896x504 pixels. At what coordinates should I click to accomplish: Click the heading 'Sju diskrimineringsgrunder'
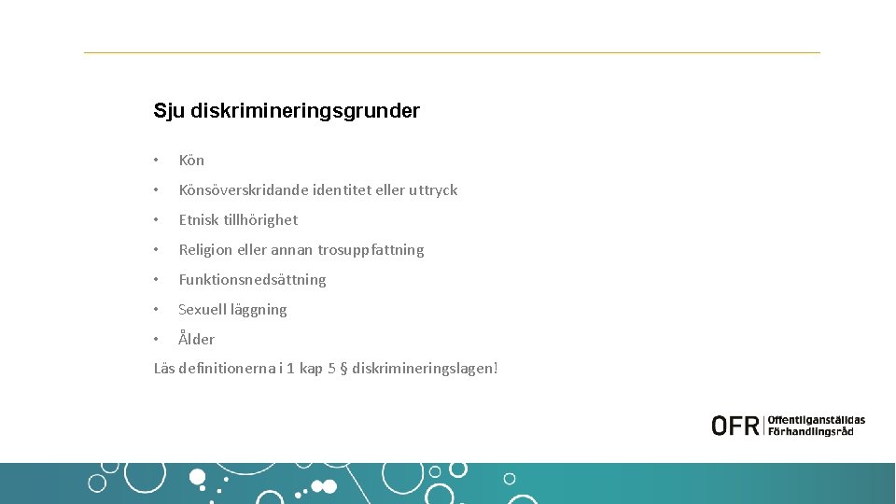(x=287, y=111)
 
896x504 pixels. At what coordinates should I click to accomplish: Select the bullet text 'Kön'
(x=191, y=161)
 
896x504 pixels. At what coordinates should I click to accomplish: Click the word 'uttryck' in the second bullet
(x=433, y=190)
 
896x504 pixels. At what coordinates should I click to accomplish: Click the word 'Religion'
(x=206, y=250)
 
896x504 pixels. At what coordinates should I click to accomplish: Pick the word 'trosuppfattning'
(x=371, y=250)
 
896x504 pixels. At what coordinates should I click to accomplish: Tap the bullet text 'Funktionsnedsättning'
(x=252, y=280)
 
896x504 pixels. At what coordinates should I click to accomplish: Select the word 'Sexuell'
(x=203, y=310)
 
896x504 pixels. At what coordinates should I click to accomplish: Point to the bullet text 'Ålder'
(x=197, y=340)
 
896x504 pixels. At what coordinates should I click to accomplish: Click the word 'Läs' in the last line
(x=164, y=369)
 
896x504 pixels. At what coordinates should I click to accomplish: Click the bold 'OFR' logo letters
(x=735, y=426)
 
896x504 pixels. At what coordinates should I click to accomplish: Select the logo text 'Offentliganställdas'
(x=817, y=420)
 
